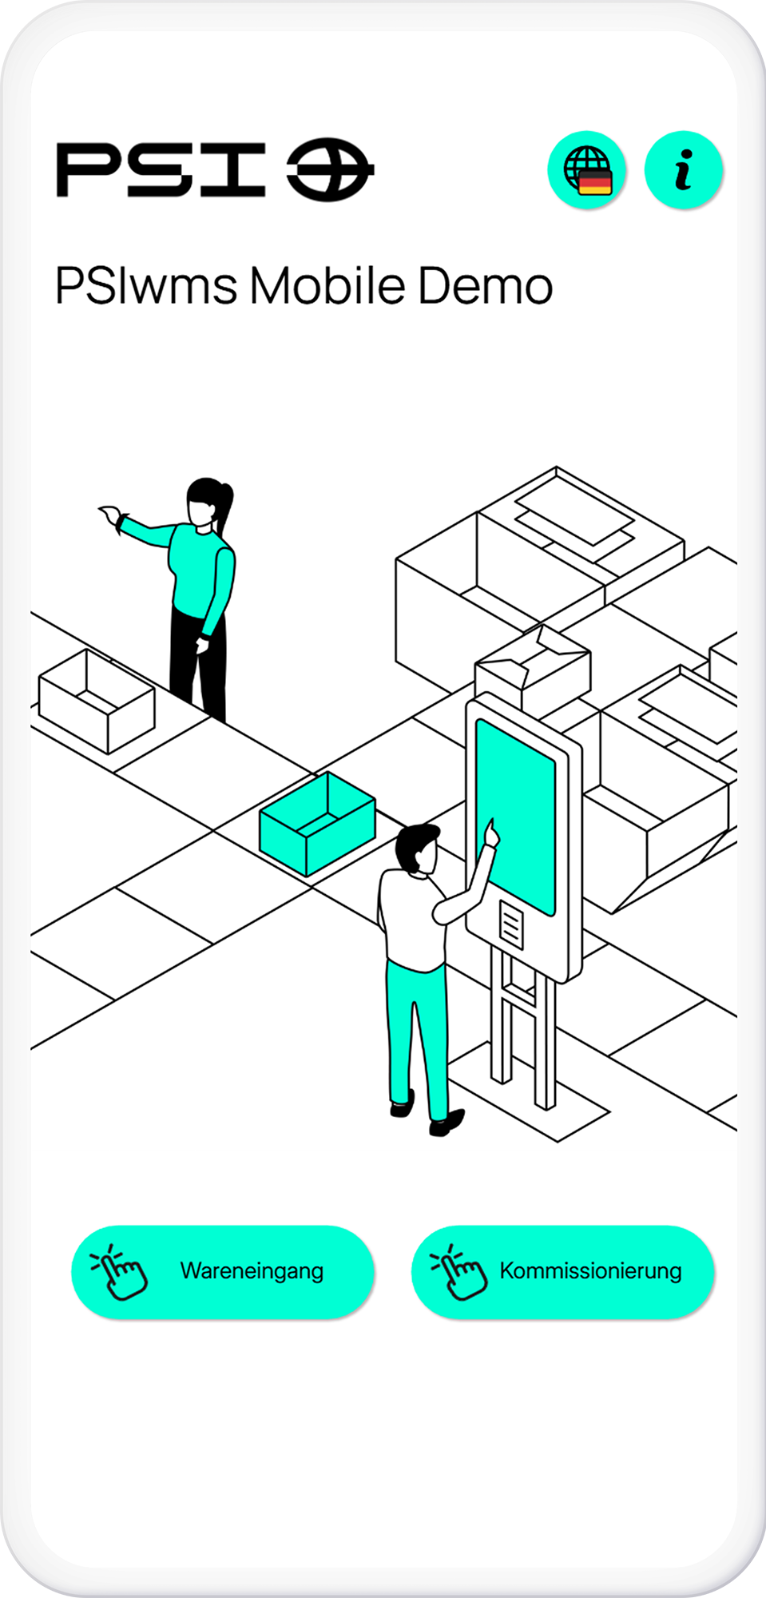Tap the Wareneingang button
point(223,1271)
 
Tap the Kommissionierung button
point(562,1271)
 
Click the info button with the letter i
point(683,170)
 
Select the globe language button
point(586,170)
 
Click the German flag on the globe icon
point(595,182)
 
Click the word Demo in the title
point(485,286)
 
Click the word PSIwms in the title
point(146,286)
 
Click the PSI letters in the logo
point(161,169)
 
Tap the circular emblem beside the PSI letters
point(329,169)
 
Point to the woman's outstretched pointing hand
point(110,515)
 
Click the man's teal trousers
point(415,1031)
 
